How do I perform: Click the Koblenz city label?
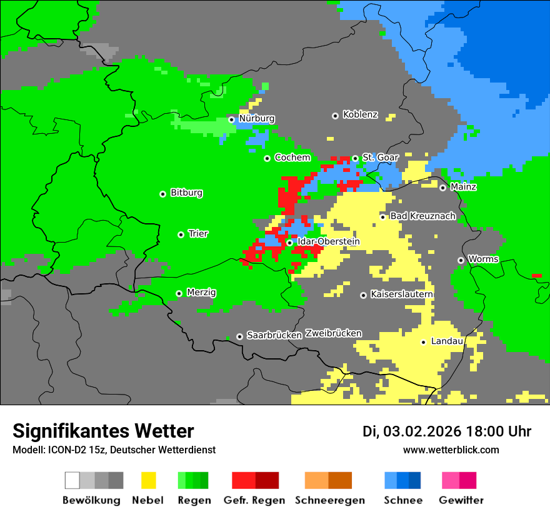coord(360,114)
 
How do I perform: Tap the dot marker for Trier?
coord(181,234)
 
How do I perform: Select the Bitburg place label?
coord(186,193)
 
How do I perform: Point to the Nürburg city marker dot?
coord(231,119)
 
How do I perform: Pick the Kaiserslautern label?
coord(402,294)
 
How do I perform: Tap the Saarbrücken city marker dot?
coord(239,336)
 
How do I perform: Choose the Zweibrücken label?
coord(333,333)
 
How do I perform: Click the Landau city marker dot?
coord(423,342)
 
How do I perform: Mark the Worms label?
coord(483,259)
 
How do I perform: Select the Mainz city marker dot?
coord(442,188)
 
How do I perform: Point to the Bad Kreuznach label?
coord(422,216)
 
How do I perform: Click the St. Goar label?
coord(380,158)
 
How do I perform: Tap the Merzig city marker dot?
coord(179,293)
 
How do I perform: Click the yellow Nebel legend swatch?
coord(148,480)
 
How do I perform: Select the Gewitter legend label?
coord(461,500)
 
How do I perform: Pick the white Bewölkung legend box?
coord(72,480)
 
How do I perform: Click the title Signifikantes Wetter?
coord(103,431)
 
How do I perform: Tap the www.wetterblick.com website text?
coord(451,450)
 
